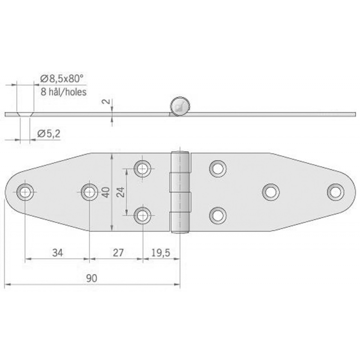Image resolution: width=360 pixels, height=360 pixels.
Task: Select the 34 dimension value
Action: [58, 253]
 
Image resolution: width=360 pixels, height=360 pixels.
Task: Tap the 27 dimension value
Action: [118, 253]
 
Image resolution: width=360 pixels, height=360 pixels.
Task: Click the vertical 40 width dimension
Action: [105, 192]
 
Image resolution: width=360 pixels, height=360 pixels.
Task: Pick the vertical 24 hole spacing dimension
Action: [120, 192]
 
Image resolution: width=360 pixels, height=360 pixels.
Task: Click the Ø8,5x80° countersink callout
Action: [62, 78]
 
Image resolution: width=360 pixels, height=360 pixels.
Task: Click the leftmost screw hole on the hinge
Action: [25, 192]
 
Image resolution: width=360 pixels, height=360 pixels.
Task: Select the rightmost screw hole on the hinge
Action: [335, 192]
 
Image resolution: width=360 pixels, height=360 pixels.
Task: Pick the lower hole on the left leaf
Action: [143, 215]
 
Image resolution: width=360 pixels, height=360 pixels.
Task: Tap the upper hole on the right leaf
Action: [218, 168]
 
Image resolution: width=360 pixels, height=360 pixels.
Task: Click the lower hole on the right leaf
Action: [218, 215]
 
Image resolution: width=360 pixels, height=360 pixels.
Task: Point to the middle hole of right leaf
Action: [270, 192]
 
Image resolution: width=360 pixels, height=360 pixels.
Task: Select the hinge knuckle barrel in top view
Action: [180, 192]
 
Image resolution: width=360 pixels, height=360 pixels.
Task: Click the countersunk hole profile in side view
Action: [25, 114]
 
